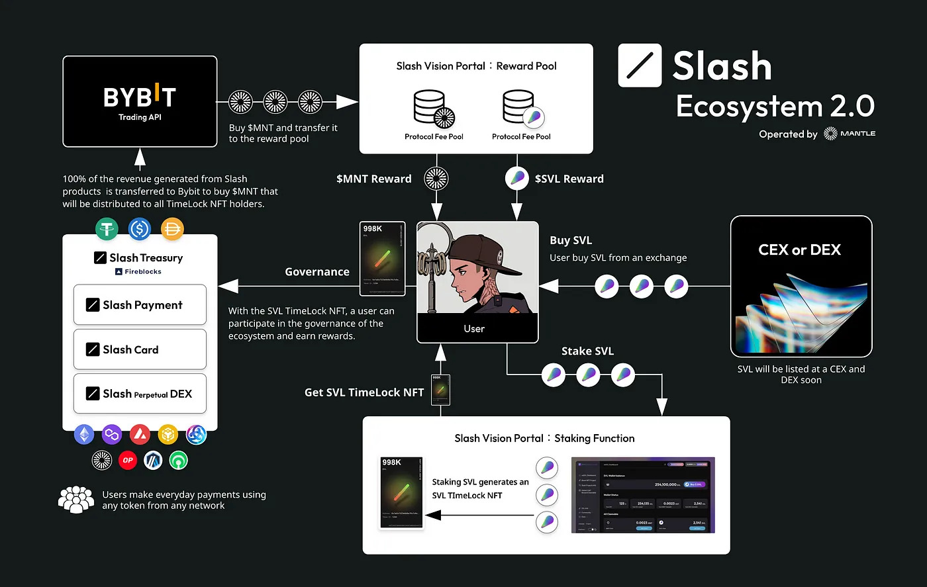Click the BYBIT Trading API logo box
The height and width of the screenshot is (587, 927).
[x=140, y=101]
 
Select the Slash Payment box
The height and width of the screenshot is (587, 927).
[x=140, y=305]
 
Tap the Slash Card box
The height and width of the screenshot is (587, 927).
[x=140, y=349]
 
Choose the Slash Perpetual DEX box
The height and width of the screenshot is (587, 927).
[x=140, y=394]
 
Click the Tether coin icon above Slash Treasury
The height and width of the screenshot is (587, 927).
[x=107, y=229]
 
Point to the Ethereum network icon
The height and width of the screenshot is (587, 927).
[x=84, y=435]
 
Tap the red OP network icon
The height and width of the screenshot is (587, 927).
[x=127, y=460]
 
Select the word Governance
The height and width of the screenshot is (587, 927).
[x=317, y=272]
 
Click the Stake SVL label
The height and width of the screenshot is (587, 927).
[x=587, y=351]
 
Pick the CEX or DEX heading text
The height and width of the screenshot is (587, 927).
[x=799, y=250]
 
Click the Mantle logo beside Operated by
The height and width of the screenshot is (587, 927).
[x=850, y=134]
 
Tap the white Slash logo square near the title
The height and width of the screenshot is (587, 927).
[x=640, y=66]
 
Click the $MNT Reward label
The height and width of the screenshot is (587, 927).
[x=373, y=179]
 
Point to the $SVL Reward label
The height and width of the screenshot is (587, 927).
[x=569, y=179]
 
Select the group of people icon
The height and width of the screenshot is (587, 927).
[x=76, y=500]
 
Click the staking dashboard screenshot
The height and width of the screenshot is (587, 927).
[x=643, y=495]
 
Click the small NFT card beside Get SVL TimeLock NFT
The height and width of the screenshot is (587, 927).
[x=440, y=390]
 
